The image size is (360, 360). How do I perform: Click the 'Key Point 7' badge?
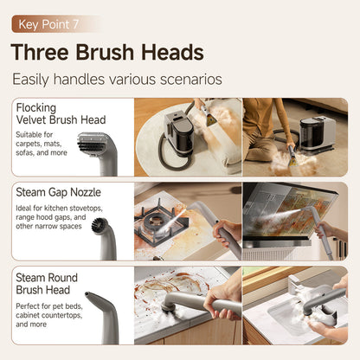[55, 23]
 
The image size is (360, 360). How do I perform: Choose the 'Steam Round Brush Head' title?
[47, 283]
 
